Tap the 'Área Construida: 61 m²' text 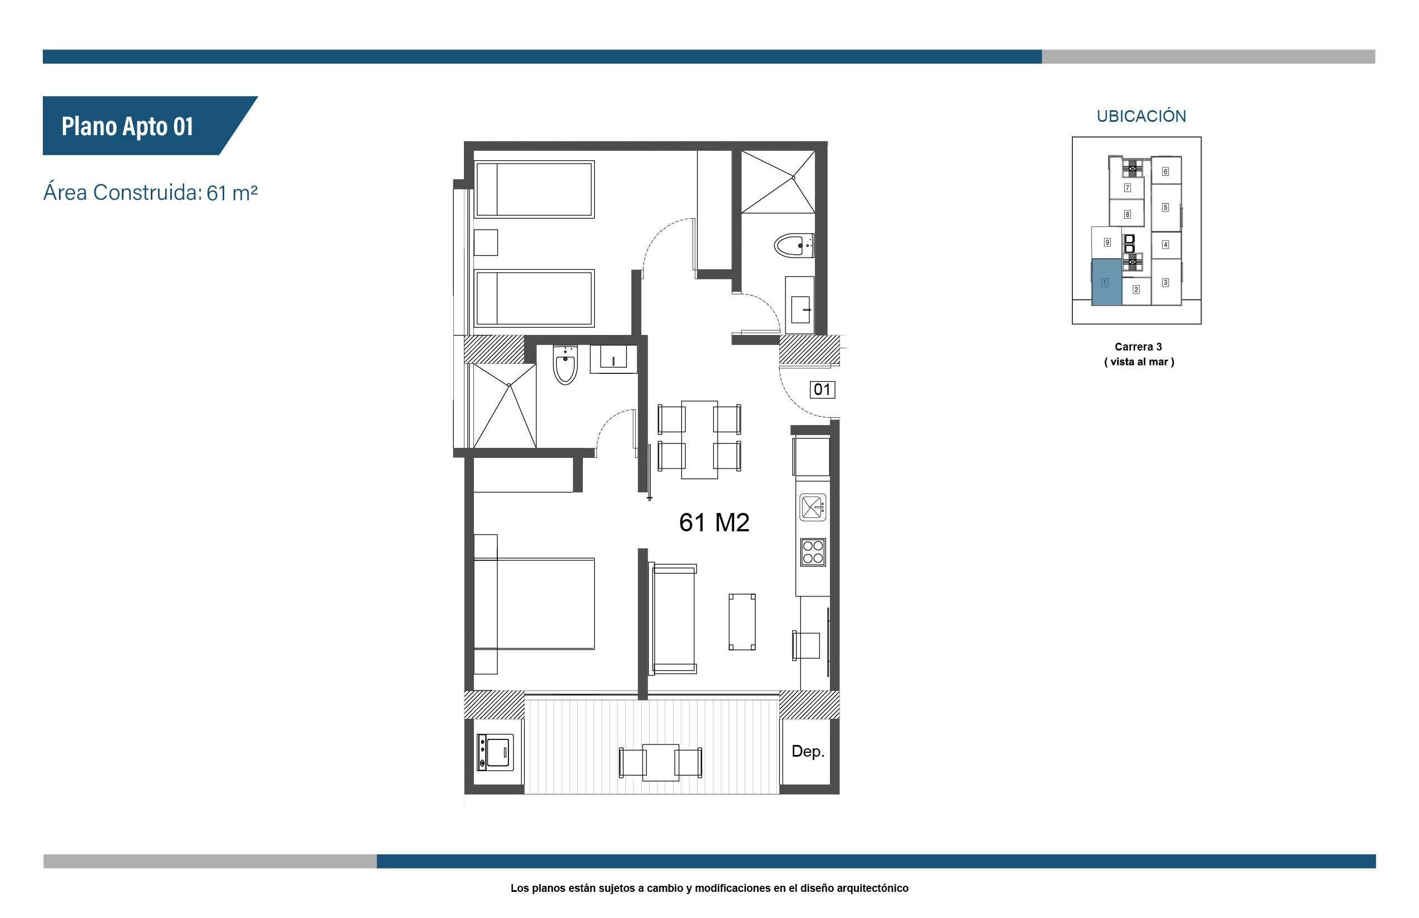(x=150, y=193)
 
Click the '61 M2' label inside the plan (x=714, y=522)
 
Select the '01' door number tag (x=822, y=389)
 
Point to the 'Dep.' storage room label (x=808, y=751)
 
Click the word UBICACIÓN (x=1141, y=116)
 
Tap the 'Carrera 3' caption (x=1138, y=346)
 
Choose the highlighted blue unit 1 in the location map (x=1106, y=283)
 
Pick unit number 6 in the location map (x=1165, y=171)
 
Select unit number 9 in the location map (x=1107, y=242)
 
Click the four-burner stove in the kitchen (x=813, y=552)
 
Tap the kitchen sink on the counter (x=813, y=507)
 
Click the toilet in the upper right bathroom (x=793, y=245)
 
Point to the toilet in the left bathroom (x=565, y=365)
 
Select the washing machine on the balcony (x=495, y=752)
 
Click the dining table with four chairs (x=699, y=440)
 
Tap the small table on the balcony (x=660, y=762)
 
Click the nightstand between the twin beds (x=486, y=243)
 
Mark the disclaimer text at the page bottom (x=709, y=888)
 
